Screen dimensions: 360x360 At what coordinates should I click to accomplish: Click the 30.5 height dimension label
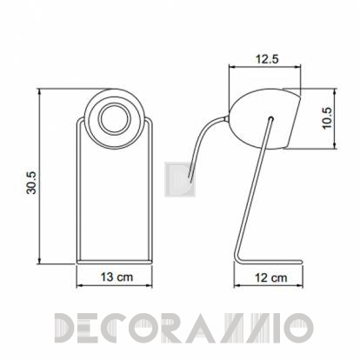pyautogui.click(x=31, y=183)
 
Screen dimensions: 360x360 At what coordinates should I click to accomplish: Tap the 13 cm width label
pyautogui.click(x=117, y=277)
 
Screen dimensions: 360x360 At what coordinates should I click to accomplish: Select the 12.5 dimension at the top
pyautogui.click(x=267, y=59)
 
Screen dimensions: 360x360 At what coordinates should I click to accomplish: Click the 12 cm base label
pyautogui.click(x=271, y=277)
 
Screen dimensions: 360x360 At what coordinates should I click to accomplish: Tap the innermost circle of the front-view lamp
pyautogui.click(x=114, y=119)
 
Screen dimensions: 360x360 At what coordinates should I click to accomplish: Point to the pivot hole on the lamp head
pyautogui.click(x=270, y=118)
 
